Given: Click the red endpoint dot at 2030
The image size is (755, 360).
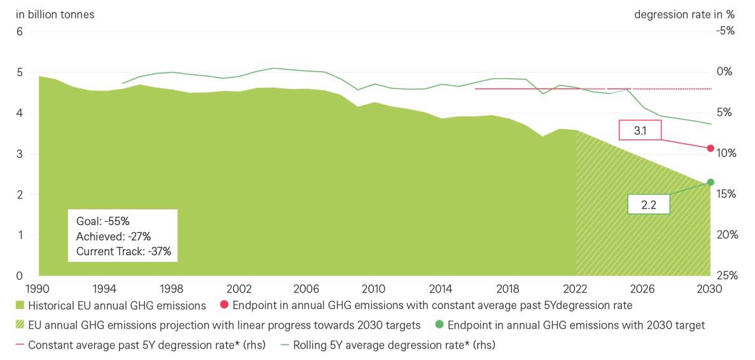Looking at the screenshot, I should point(710,148).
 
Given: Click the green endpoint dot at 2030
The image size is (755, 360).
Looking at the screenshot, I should point(710,183).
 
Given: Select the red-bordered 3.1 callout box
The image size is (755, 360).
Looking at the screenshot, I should point(641,130).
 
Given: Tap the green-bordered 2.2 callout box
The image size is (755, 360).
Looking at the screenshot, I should point(649,204).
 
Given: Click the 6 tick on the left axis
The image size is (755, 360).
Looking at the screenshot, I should point(18,32).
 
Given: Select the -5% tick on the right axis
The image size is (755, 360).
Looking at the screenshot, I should point(724,31).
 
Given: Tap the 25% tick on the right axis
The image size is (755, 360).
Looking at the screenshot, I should point(726,275).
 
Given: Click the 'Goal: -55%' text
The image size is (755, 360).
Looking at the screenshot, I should point(102,221).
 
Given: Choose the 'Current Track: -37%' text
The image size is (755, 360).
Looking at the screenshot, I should point(123,251).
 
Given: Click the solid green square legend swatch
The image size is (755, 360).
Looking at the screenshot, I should point(20,306).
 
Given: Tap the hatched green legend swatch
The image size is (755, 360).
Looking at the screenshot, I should point(20,326).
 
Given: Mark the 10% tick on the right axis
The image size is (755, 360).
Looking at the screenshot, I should point(726,153).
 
